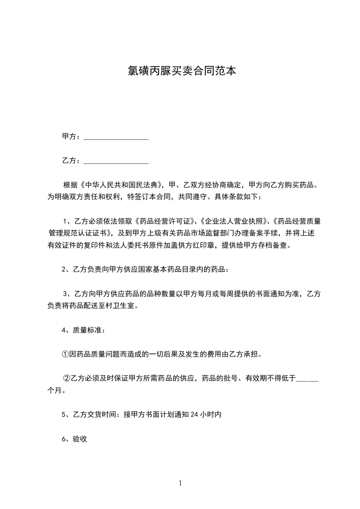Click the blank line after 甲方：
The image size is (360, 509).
pyautogui.click(x=117, y=137)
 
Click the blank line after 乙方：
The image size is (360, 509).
pyautogui.click(x=117, y=161)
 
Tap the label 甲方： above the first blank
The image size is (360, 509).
pyautogui.click(x=72, y=137)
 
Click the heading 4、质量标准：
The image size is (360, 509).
pyautogui.click(x=84, y=330)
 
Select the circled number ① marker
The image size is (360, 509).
pyautogui.click(x=66, y=354)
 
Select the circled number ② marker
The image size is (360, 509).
pyautogui.click(x=66, y=378)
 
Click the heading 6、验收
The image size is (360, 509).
pyautogui.click(x=74, y=438)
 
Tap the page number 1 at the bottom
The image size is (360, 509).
pyautogui.click(x=180, y=483)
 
